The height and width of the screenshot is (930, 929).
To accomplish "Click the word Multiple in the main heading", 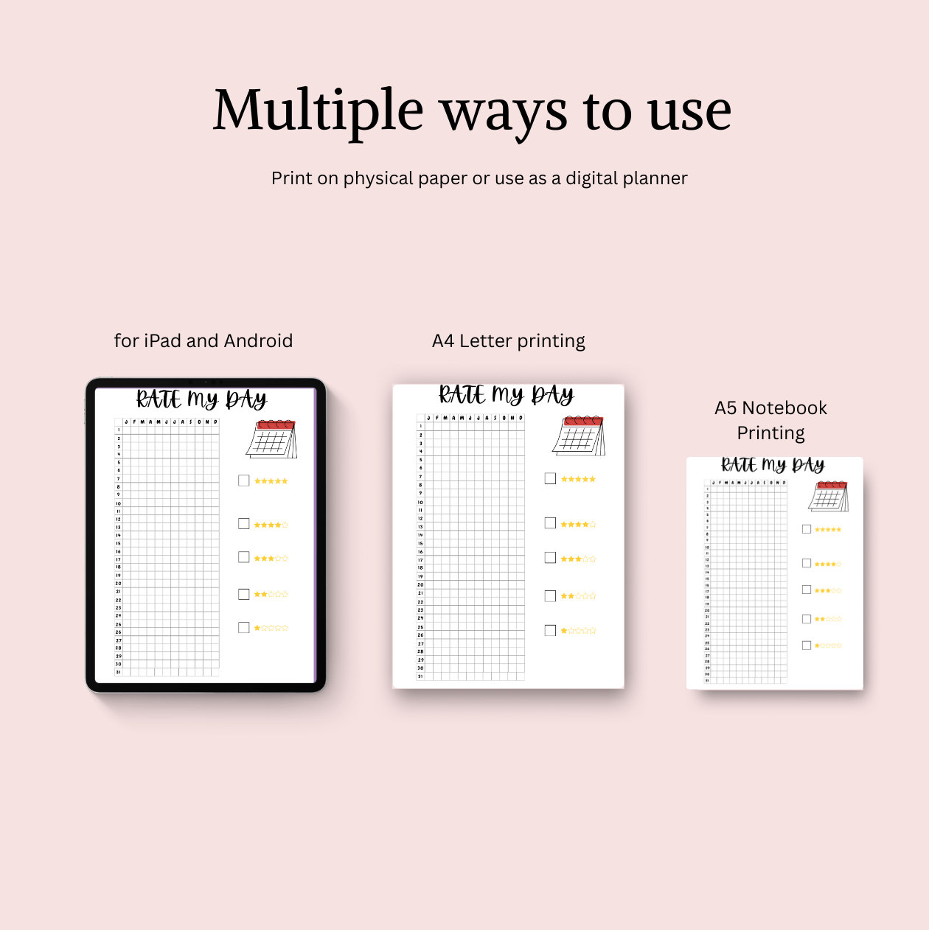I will [318, 111].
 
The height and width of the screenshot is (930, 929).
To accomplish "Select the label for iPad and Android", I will [203, 340].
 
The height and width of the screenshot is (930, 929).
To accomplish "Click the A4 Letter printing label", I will [508, 341].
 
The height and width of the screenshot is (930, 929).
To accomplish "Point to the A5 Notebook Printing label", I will [770, 420].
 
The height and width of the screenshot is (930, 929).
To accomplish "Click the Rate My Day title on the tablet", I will [201, 399].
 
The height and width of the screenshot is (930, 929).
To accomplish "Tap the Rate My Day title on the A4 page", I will [507, 395].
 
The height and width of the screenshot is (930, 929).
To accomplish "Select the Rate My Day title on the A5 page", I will [773, 465].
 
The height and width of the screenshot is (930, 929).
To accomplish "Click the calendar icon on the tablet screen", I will [271, 439].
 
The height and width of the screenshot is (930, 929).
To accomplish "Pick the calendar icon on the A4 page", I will [579, 436].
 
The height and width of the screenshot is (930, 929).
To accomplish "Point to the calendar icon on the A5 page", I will [829, 496].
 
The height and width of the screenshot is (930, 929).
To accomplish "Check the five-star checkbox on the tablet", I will [244, 480].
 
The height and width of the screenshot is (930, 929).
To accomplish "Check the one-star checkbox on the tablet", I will [244, 628].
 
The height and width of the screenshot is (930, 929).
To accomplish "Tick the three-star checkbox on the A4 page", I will [550, 558].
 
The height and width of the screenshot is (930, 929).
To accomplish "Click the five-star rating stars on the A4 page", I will [578, 479].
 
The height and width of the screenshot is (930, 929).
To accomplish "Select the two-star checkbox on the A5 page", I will [807, 619].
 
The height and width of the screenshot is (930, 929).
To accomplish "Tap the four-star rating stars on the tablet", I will [271, 525].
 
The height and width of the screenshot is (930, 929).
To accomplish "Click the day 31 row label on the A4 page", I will [420, 676].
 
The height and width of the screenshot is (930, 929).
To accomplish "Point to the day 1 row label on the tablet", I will [118, 430].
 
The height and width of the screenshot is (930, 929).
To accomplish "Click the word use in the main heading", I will [689, 111].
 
